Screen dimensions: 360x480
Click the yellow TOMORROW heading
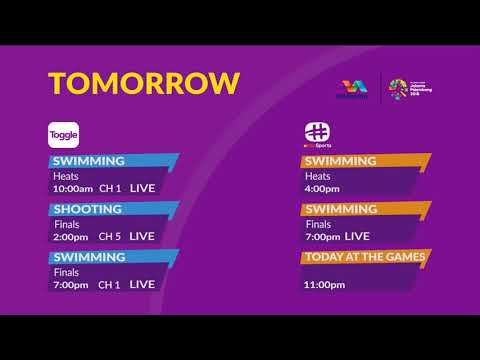pyautogui.click(x=145, y=82)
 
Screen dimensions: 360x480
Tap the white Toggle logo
pyautogui.click(x=64, y=136)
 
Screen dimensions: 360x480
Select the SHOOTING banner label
pyautogui.click(x=88, y=209)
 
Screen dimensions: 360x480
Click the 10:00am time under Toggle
pyautogui.click(x=73, y=188)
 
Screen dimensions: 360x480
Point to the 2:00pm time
pyautogui.click(x=71, y=236)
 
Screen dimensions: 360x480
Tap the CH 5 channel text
pyautogui.click(x=110, y=236)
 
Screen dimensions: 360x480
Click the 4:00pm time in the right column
pyautogui.click(x=322, y=188)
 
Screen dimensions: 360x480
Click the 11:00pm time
pyautogui.click(x=324, y=284)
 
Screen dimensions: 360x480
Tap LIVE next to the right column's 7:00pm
pyautogui.click(x=356, y=236)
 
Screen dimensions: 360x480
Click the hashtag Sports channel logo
pyautogui.click(x=317, y=135)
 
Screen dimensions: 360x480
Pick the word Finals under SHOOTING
pyautogui.click(x=66, y=224)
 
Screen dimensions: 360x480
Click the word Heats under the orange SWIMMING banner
pyautogui.click(x=317, y=176)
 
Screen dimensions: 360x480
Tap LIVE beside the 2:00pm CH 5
pyautogui.click(x=142, y=236)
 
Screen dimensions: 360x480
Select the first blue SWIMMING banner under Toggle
pyautogui.click(x=90, y=161)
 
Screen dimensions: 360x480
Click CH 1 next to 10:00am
pyautogui.click(x=110, y=188)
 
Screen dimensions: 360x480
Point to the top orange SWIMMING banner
pyautogui.click(x=341, y=161)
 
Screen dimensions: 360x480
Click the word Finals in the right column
pyautogui.click(x=318, y=224)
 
